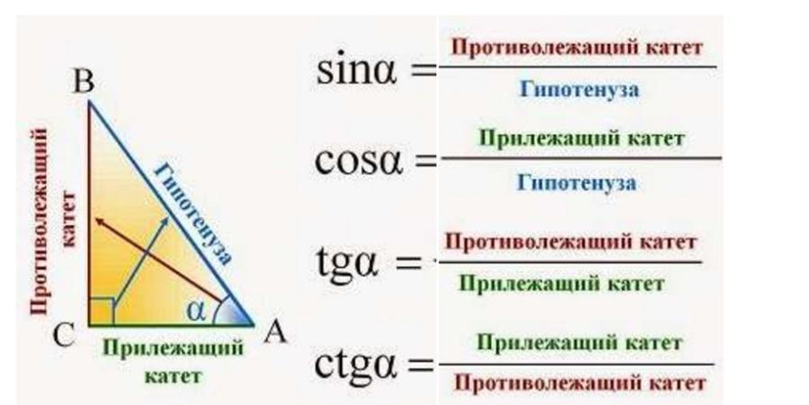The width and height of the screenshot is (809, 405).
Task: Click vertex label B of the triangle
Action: coord(84,83)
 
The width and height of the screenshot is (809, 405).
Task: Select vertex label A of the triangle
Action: coord(276,333)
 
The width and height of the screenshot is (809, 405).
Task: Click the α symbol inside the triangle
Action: coord(198,310)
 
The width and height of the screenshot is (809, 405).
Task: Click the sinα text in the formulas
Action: coord(357,70)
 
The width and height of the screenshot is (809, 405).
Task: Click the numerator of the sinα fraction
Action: coord(576,48)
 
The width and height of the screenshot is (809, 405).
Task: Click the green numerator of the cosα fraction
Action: coord(581,139)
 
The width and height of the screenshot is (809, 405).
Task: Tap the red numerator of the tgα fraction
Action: coord(572,242)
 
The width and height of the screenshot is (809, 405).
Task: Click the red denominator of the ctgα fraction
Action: coord(580,383)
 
